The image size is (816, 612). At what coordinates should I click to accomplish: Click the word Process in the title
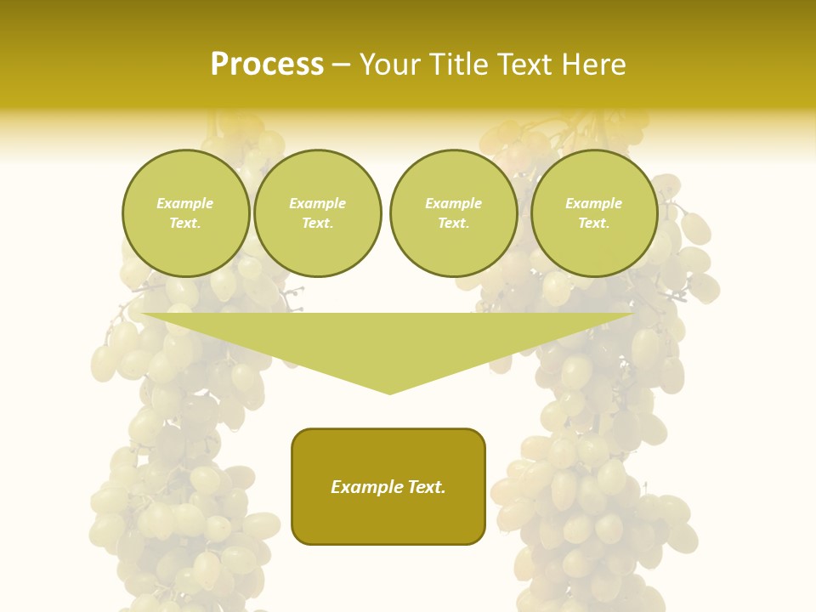[267, 65]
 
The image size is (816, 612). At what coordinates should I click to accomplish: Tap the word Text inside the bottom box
[426, 487]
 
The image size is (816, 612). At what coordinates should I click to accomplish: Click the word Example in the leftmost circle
[185, 203]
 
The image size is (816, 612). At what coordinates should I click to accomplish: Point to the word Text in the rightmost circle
[593, 224]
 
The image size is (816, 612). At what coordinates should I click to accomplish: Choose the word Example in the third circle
[454, 203]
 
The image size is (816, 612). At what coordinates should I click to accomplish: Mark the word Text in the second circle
[317, 224]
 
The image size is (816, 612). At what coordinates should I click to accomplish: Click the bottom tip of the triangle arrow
[389, 392]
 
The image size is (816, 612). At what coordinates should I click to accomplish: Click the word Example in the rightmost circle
[594, 203]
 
